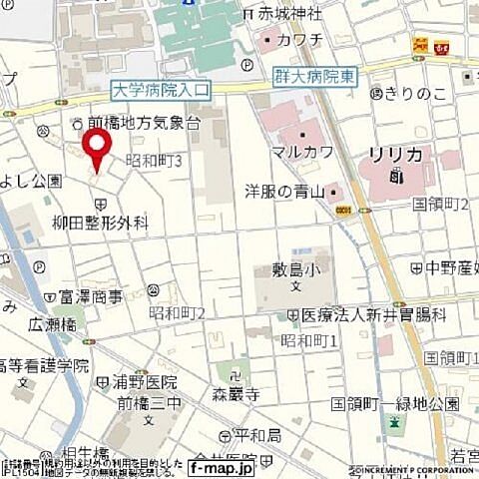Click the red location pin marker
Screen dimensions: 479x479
(x=97, y=150)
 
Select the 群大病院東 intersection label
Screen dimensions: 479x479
(x=315, y=74)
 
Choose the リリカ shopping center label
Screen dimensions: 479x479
(x=396, y=155)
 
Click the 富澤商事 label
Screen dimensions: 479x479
(x=90, y=296)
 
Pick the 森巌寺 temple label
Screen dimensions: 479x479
(x=236, y=394)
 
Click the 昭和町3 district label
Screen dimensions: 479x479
(x=154, y=160)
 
